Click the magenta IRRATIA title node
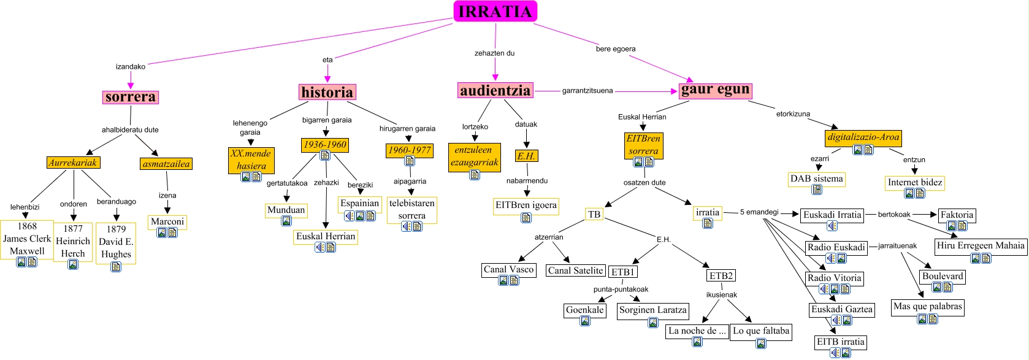(495, 11)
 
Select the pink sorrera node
(130, 97)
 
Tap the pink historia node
(327, 92)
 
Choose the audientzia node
(495, 90)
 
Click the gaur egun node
(715, 90)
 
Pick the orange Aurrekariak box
(73, 163)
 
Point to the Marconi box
(167, 222)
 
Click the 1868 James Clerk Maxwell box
(27, 239)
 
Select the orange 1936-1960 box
(325, 145)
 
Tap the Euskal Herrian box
(326, 237)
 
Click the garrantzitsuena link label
(587, 91)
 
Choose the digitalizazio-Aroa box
(863, 137)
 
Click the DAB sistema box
(816, 179)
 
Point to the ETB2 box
(721, 275)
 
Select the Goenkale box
(585, 310)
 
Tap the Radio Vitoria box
(834, 278)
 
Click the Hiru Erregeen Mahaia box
(981, 246)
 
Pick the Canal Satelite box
(575, 270)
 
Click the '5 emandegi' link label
(759, 212)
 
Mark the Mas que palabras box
(927, 307)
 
